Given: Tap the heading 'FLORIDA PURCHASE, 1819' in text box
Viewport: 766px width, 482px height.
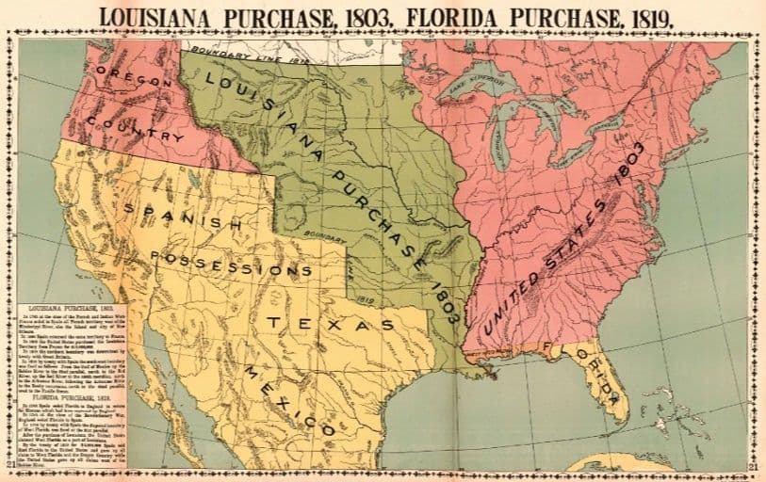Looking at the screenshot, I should click(70, 396).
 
